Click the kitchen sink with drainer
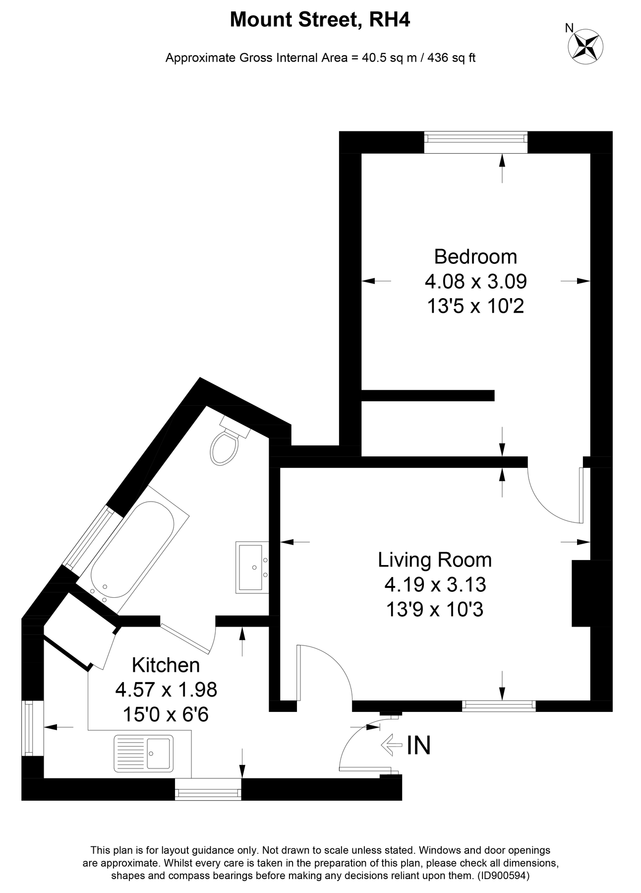click(x=144, y=753)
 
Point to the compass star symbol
click(x=585, y=46)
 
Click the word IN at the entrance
click(x=418, y=745)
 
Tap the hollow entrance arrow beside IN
click(x=391, y=745)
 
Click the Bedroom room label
click(x=475, y=256)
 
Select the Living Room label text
click(x=434, y=560)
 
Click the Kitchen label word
click(x=166, y=665)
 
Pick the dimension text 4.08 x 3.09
click(x=475, y=282)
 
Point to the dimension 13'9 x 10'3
click(x=434, y=609)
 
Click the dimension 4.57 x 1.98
click(x=166, y=690)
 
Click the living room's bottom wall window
click(x=498, y=705)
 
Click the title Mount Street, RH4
click(x=320, y=20)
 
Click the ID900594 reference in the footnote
click(x=504, y=877)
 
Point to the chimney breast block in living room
click(x=582, y=593)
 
